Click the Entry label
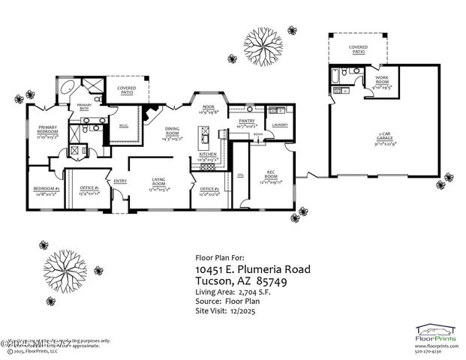[119, 180]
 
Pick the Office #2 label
[207, 189]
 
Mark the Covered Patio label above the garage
[357, 49]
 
